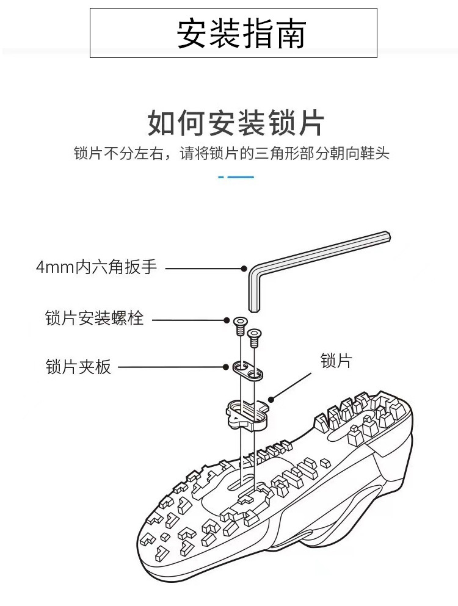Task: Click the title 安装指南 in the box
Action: (241, 34)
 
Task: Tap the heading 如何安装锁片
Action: (236, 124)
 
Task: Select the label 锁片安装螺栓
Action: (95, 319)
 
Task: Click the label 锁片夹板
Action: (78, 367)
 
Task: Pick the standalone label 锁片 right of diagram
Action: (336, 361)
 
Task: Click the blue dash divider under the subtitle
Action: (236, 177)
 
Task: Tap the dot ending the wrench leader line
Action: (244, 268)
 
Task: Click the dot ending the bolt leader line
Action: (225, 319)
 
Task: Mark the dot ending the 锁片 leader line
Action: (271, 400)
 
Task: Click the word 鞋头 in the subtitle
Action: (376, 153)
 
